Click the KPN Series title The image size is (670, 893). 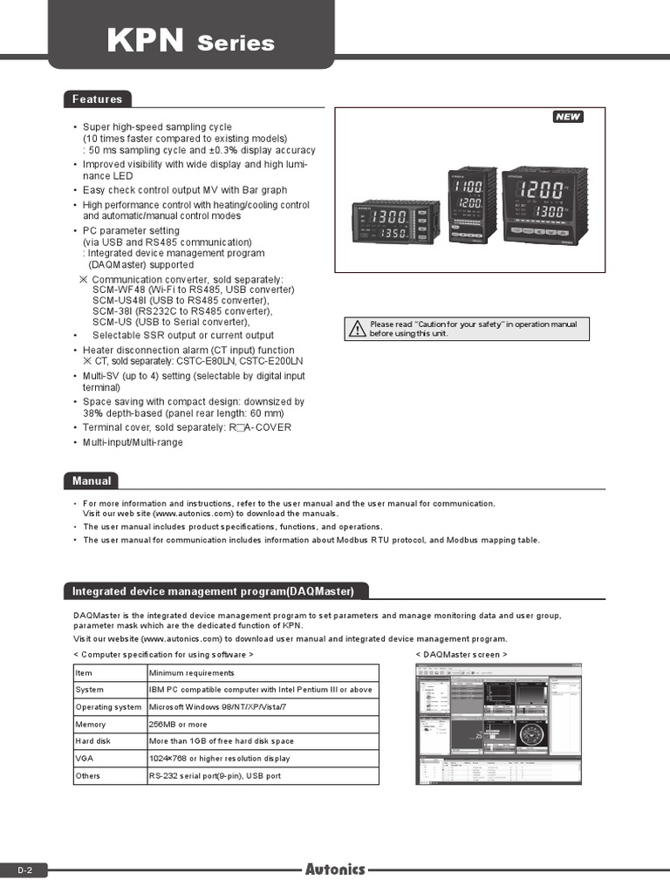tap(190, 41)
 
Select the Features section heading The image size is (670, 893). tap(97, 99)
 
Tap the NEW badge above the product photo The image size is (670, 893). tap(568, 117)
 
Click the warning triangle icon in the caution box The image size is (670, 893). tap(357, 329)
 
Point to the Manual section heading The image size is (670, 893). tap(92, 481)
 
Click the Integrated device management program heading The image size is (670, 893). tap(213, 592)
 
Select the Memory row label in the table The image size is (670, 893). tap(91, 725)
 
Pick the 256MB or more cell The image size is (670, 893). tap(178, 725)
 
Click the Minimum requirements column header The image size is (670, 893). tap(191, 673)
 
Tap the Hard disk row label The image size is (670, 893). tap(93, 741)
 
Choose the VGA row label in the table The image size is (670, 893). tap(84, 759)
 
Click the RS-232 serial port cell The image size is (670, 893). tap(215, 775)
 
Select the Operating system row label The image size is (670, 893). tap(108, 707)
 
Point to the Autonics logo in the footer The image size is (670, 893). tap(335, 869)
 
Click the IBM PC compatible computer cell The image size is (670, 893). tap(260, 690)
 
